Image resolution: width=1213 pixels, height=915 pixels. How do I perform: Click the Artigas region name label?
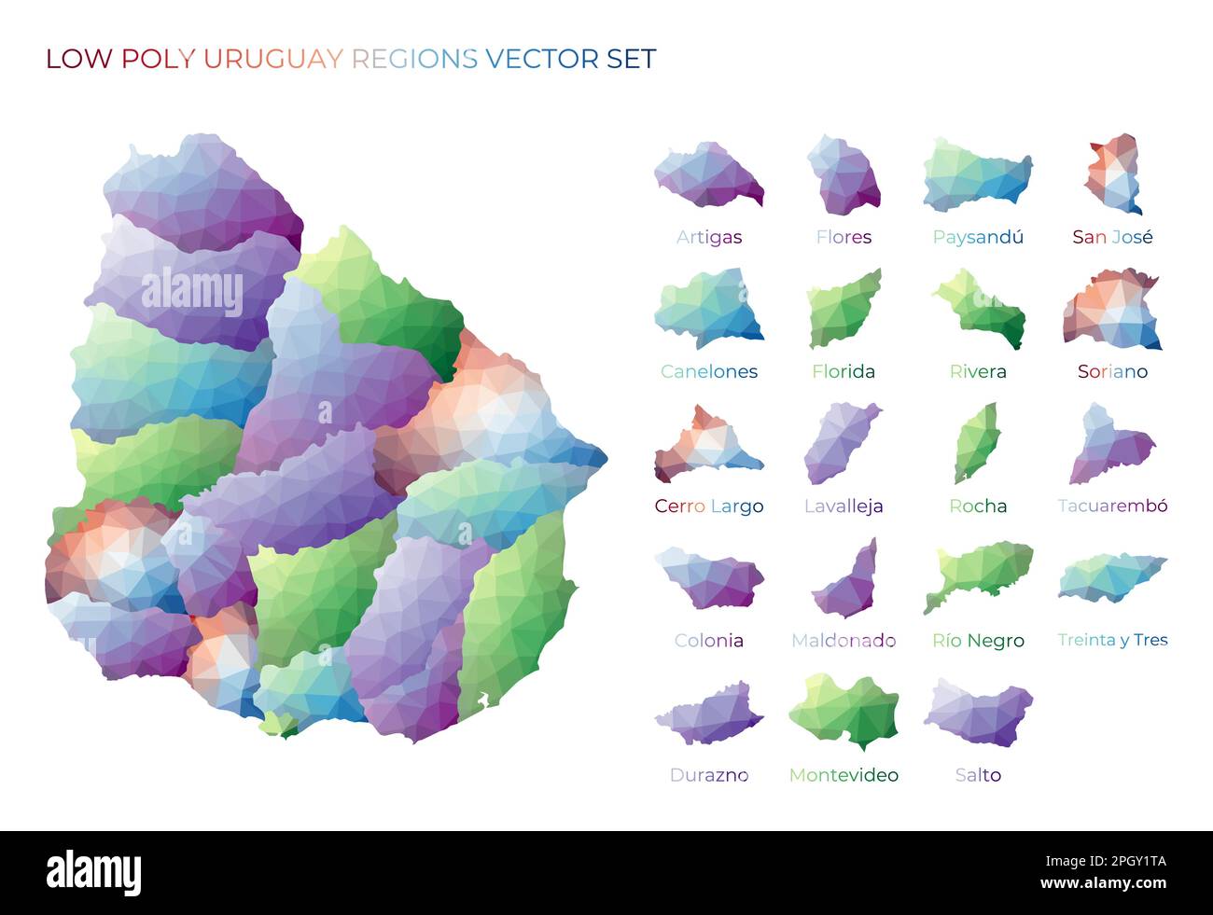pos(708,237)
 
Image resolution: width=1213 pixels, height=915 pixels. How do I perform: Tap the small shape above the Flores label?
pos(844,175)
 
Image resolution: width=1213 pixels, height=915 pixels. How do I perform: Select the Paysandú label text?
pos(978,237)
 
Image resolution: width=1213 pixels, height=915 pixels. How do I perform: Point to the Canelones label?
pos(708,371)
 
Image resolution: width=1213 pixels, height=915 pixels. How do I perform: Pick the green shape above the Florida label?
pos(843,310)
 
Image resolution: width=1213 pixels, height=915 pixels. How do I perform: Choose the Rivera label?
pos(978,371)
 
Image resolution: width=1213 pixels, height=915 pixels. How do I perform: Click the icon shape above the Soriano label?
pos(1111,311)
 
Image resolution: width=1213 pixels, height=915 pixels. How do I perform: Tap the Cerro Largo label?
pos(708,506)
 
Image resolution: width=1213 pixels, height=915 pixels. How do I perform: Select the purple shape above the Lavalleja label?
pos(841,443)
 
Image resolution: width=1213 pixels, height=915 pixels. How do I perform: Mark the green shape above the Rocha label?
pos(976,443)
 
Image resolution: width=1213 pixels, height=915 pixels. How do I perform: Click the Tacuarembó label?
pos(1112,506)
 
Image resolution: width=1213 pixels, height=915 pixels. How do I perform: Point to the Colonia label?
pos(708,641)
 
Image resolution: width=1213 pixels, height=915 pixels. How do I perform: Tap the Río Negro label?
pos(978,641)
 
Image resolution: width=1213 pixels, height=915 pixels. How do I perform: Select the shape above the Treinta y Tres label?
pos(1111,577)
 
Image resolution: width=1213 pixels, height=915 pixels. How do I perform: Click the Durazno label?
pos(708,775)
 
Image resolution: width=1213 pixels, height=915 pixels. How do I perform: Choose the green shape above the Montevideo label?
pos(844,711)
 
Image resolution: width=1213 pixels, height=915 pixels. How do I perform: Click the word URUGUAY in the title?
pos(272,59)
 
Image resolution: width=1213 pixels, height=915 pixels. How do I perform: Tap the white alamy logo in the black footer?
pos(94,873)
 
